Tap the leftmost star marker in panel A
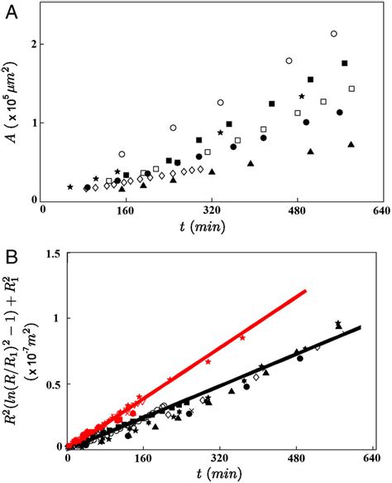[x=69, y=186]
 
